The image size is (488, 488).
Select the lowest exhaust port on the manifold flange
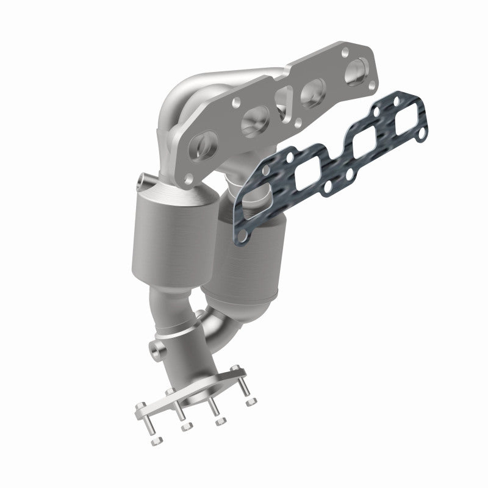201,146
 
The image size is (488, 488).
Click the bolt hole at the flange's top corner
346,51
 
